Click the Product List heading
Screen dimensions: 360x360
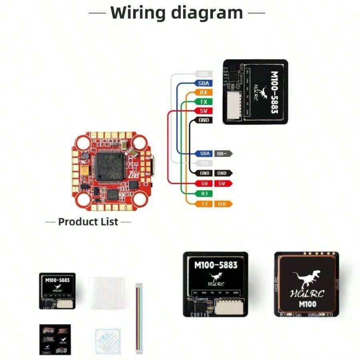click(x=88, y=222)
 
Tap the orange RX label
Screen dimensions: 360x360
click(x=203, y=92)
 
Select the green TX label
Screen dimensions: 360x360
click(x=203, y=102)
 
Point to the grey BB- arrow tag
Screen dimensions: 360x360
click(x=222, y=154)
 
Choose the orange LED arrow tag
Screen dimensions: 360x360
click(x=222, y=204)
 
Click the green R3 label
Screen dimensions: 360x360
click(x=204, y=194)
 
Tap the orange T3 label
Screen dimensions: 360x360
click(x=204, y=204)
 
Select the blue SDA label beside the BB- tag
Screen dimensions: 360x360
click(x=204, y=154)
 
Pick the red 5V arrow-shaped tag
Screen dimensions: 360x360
click(x=223, y=184)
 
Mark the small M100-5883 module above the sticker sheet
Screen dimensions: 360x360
click(x=57, y=291)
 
